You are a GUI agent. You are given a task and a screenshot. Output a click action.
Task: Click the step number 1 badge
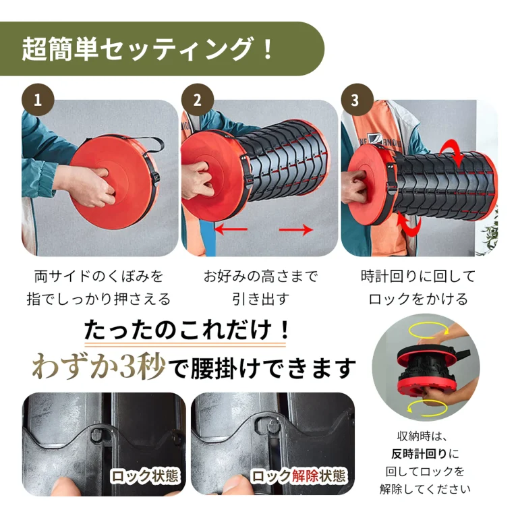pos(38,100)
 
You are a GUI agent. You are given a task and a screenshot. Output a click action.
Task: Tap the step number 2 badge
pos(197,100)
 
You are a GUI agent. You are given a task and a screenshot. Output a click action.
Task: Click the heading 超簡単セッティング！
pos(147,49)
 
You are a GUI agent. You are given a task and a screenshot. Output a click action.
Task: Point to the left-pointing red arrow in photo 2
pos(231,229)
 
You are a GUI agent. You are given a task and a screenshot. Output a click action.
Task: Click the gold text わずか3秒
pos(98,366)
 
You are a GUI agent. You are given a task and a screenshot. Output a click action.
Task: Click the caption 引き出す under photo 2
pos(260,299)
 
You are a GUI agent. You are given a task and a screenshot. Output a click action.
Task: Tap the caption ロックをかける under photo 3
pos(418,299)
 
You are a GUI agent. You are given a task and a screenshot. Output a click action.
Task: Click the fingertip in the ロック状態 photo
pos(66,486)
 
